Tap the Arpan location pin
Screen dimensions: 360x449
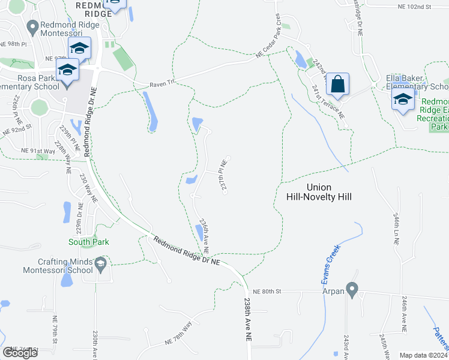tap(352, 289)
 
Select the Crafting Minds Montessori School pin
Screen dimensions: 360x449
tap(101, 263)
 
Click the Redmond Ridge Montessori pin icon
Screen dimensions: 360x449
tap(32, 26)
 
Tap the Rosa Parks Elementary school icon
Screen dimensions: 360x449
tap(67, 71)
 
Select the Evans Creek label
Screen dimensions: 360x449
tap(329, 264)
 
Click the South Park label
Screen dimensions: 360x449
tap(88, 242)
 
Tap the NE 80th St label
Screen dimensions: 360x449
tap(267, 292)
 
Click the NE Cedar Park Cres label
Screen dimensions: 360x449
tap(268, 45)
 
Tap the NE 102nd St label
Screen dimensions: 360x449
tap(415, 7)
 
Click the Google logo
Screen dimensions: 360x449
tap(20, 353)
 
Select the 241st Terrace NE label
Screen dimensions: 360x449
tap(328, 100)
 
